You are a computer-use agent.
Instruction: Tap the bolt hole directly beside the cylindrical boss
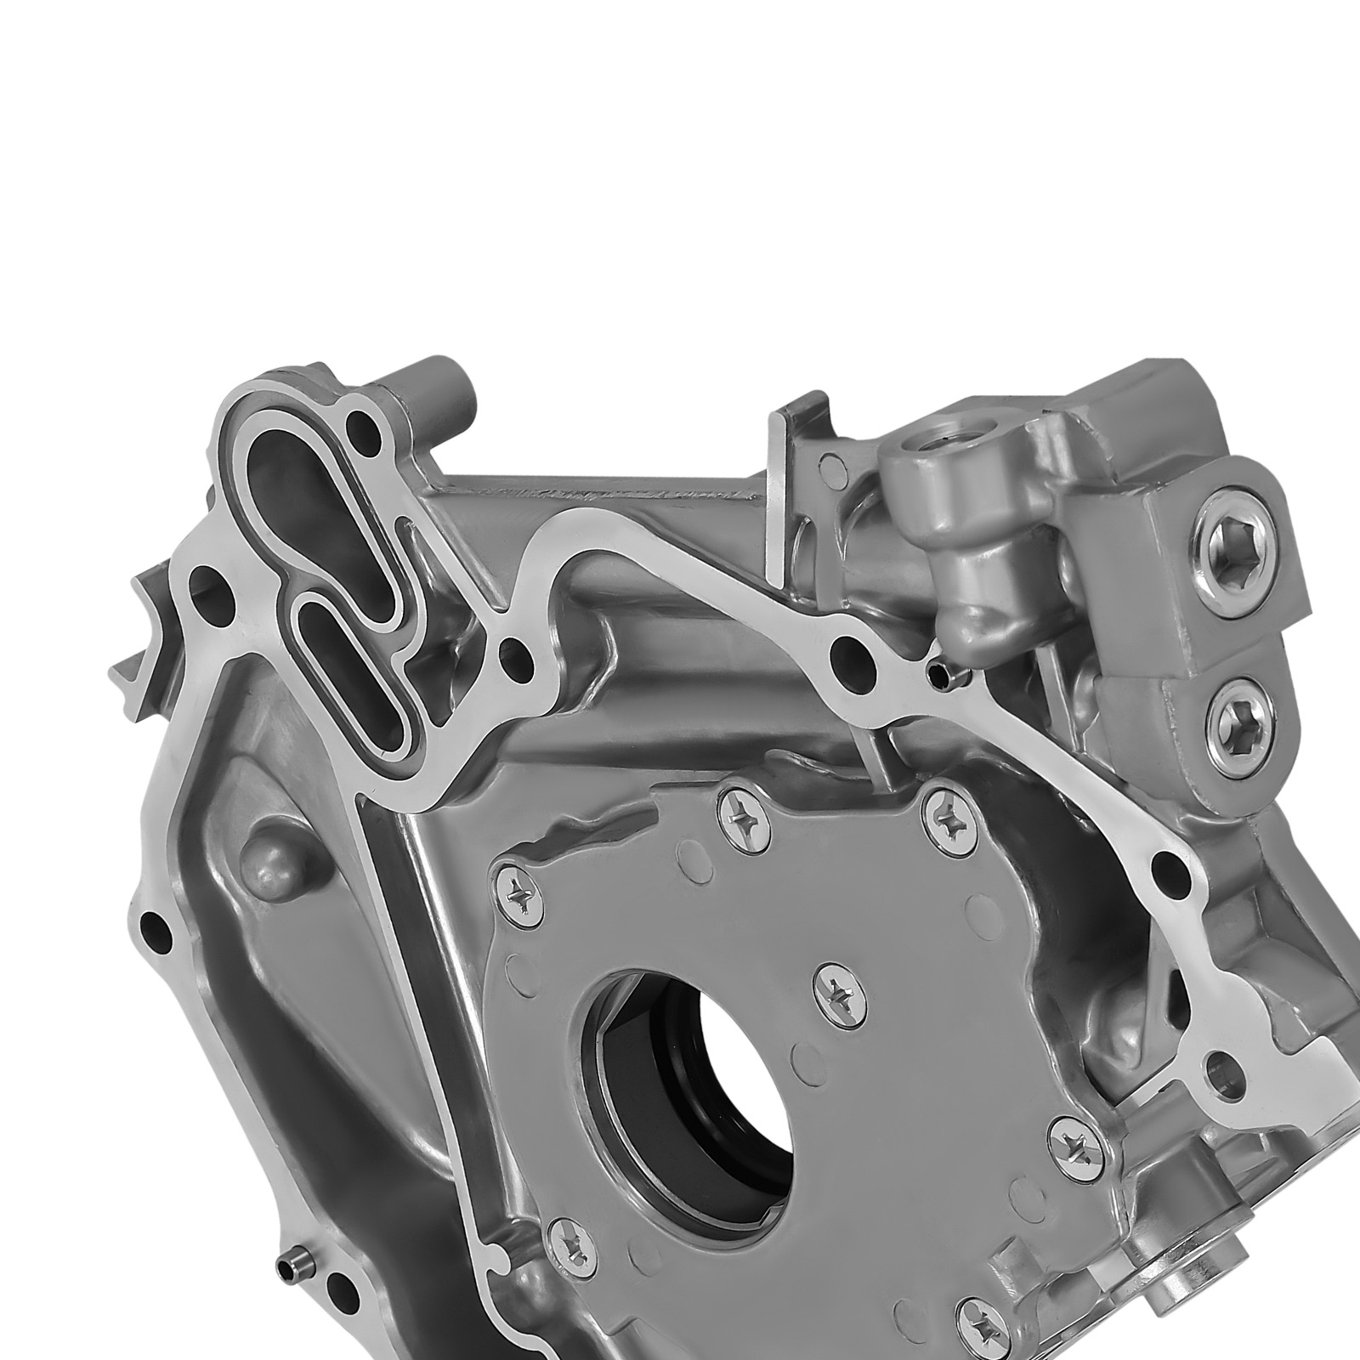click(366, 420)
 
